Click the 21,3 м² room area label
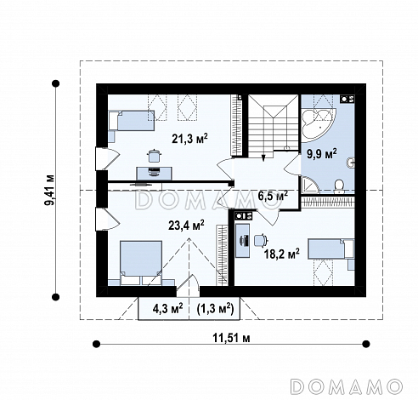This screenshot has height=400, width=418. (x=189, y=139)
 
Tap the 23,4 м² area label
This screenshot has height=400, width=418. (x=186, y=226)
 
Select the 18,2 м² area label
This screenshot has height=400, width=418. (x=282, y=254)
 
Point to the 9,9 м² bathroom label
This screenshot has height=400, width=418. (x=322, y=153)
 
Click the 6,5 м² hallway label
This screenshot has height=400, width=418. (x=273, y=195)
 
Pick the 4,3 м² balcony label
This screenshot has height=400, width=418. (x=167, y=308)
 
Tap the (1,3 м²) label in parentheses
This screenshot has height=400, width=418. (x=215, y=308)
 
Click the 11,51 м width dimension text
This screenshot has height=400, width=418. (x=231, y=338)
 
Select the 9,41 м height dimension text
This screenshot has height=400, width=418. (x=50, y=190)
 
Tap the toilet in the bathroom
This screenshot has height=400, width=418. (x=339, y=186)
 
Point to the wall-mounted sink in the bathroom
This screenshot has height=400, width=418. (x=350, y=163)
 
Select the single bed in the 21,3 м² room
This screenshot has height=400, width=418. (x=132, y=120)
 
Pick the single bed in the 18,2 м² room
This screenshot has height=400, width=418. (x=331, y=249)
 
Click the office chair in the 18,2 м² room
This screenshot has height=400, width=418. (x=261, y=240)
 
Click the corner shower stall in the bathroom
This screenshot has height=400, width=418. (x=310, y=186)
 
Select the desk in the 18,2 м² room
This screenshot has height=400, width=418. (x=242, y=241)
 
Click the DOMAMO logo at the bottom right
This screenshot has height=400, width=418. (x=347, y=386)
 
